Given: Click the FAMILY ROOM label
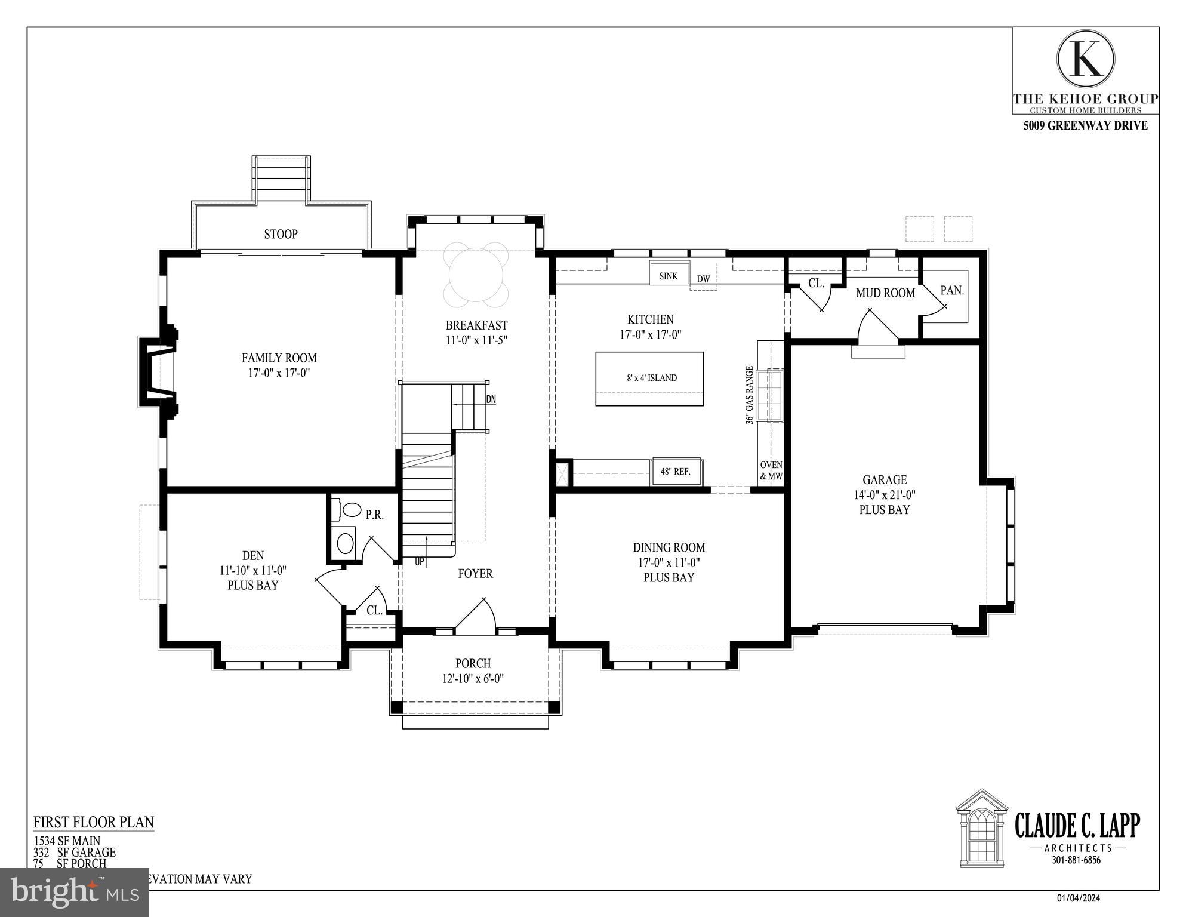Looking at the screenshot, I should coord(279,358).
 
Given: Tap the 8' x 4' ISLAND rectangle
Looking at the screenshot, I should coord(649,379).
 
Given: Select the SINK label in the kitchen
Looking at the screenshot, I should coord(669,276).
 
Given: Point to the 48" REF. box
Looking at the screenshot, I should coord(676,472).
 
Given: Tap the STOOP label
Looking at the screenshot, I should coord(281,234).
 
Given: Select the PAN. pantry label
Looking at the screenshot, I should coord(951,291).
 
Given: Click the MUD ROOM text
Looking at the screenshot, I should coord(885,293).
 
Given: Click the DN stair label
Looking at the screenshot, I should coord(491,399).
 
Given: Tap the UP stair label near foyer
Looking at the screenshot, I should coord(420,562).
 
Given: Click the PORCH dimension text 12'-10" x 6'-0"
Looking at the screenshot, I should coord(473,679).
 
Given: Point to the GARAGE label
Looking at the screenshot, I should coord(884,480).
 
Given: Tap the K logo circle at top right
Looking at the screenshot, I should coord(1085,59).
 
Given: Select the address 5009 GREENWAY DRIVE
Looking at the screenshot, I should coord(1085,126).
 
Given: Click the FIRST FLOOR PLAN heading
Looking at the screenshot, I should coord(94,822).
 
